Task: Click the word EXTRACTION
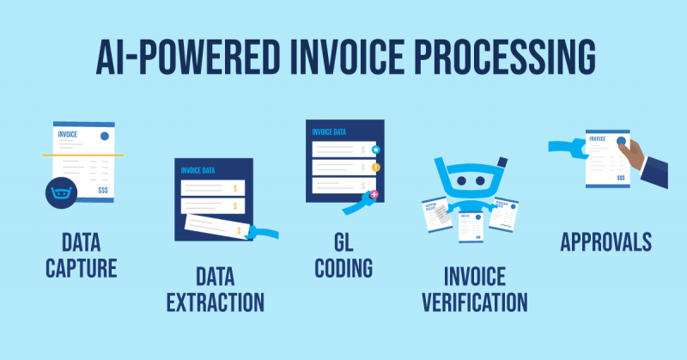(215, 302)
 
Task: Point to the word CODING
(343, 267)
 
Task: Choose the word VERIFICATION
(473, 302)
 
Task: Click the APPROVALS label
(605, 243)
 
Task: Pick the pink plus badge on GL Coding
(374, 195)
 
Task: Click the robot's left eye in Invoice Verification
(460, 183)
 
